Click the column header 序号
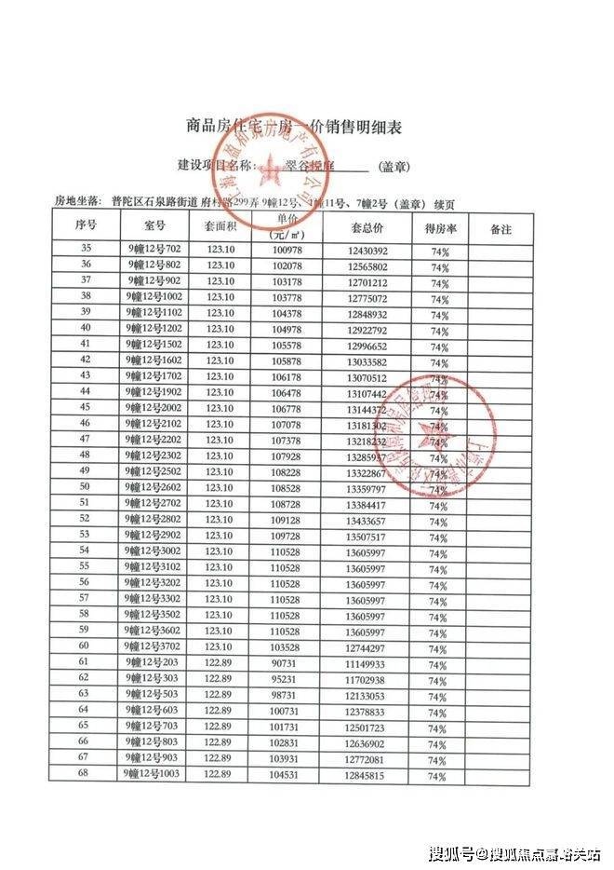[86, 227]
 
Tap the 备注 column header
[501, 227]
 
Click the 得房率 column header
[438, 227]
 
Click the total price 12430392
[367, 251]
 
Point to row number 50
[86, 486]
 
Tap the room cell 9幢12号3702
[156, 646]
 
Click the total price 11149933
[367, 661]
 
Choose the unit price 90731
[289, 661]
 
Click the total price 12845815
[367, 774]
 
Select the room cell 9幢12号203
[154, 661]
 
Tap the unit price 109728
[288, 535]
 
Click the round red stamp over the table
[435, 435]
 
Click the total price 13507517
[367, 535]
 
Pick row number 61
[86, 661]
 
